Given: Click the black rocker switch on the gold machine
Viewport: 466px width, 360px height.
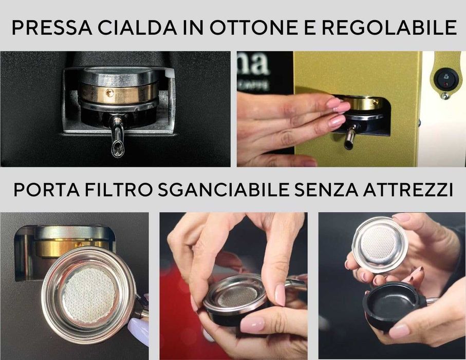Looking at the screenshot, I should pos(444,79).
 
